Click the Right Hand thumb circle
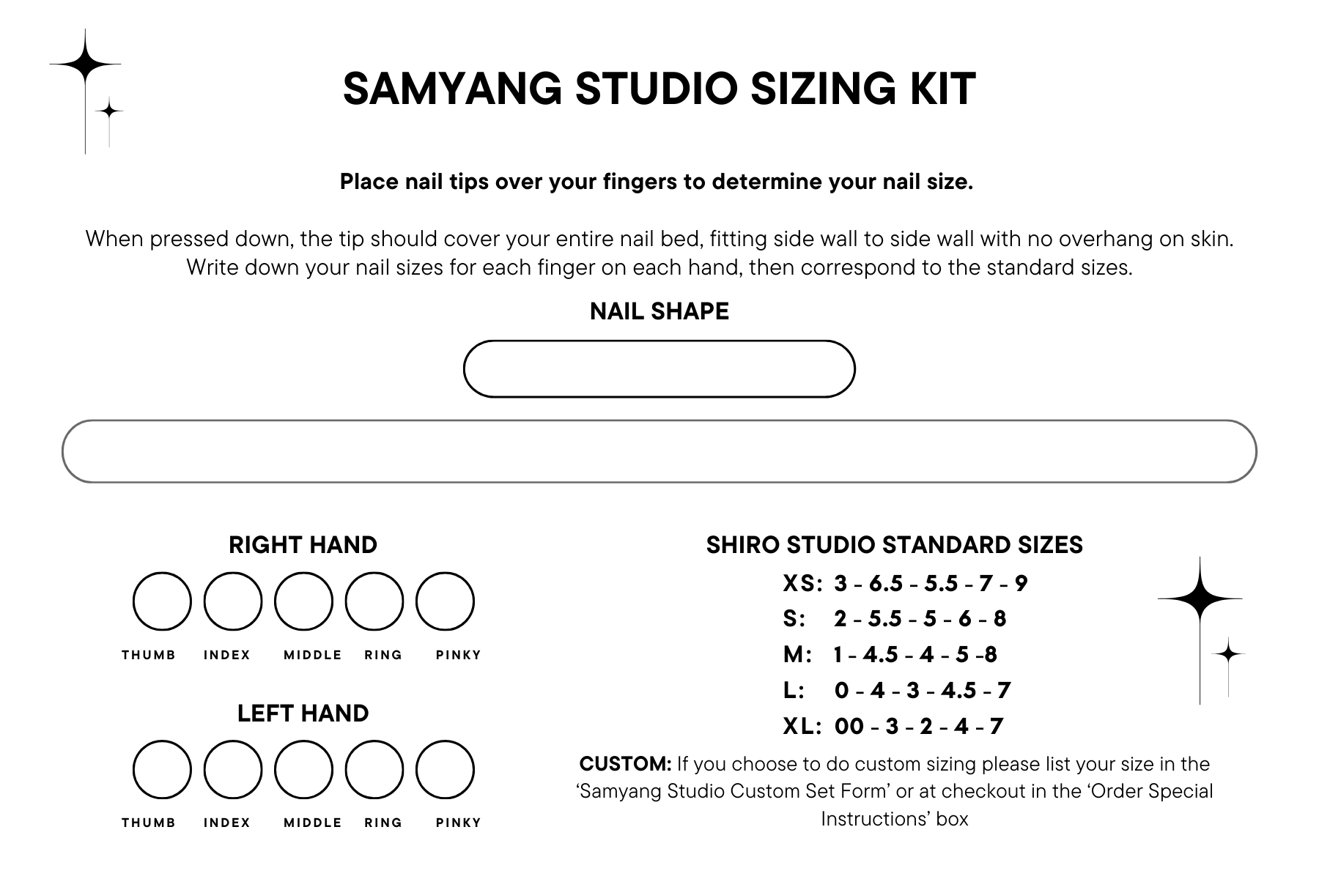pyautogui.click(x=162, y=601)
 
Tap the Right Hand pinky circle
pyautogui.click(x=445, y=601)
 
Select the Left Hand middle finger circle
pyautogui.click(x=303, y=770)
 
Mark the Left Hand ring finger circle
pyautogui.click(x=374, y=770)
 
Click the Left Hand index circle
pyautogui.click(x=233, y=770)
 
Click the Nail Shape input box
pyautogui.click(x=659, y=368)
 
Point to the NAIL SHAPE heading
pyautogui.click(x=659, y=311)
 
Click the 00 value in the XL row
pyautogui.click(x=849, y=726)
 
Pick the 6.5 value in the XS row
pyautogui.click(x=885, y=583)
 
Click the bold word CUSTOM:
pyautogui.click(x=625, y=764)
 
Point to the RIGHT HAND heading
pyautogui.click(x=303, y=545)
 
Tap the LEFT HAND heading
pyautogui.click(x=303, y=713)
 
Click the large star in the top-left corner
pyautogui.click(x=85, y=64)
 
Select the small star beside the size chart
pyautogui.click(x=1228, y=652)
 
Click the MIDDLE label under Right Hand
pyautogui.click(x=313, y=655)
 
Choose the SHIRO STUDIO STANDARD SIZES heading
pyautogui.click(x=894, y=545)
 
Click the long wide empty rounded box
pyautogui.click(x=659, y=451)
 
